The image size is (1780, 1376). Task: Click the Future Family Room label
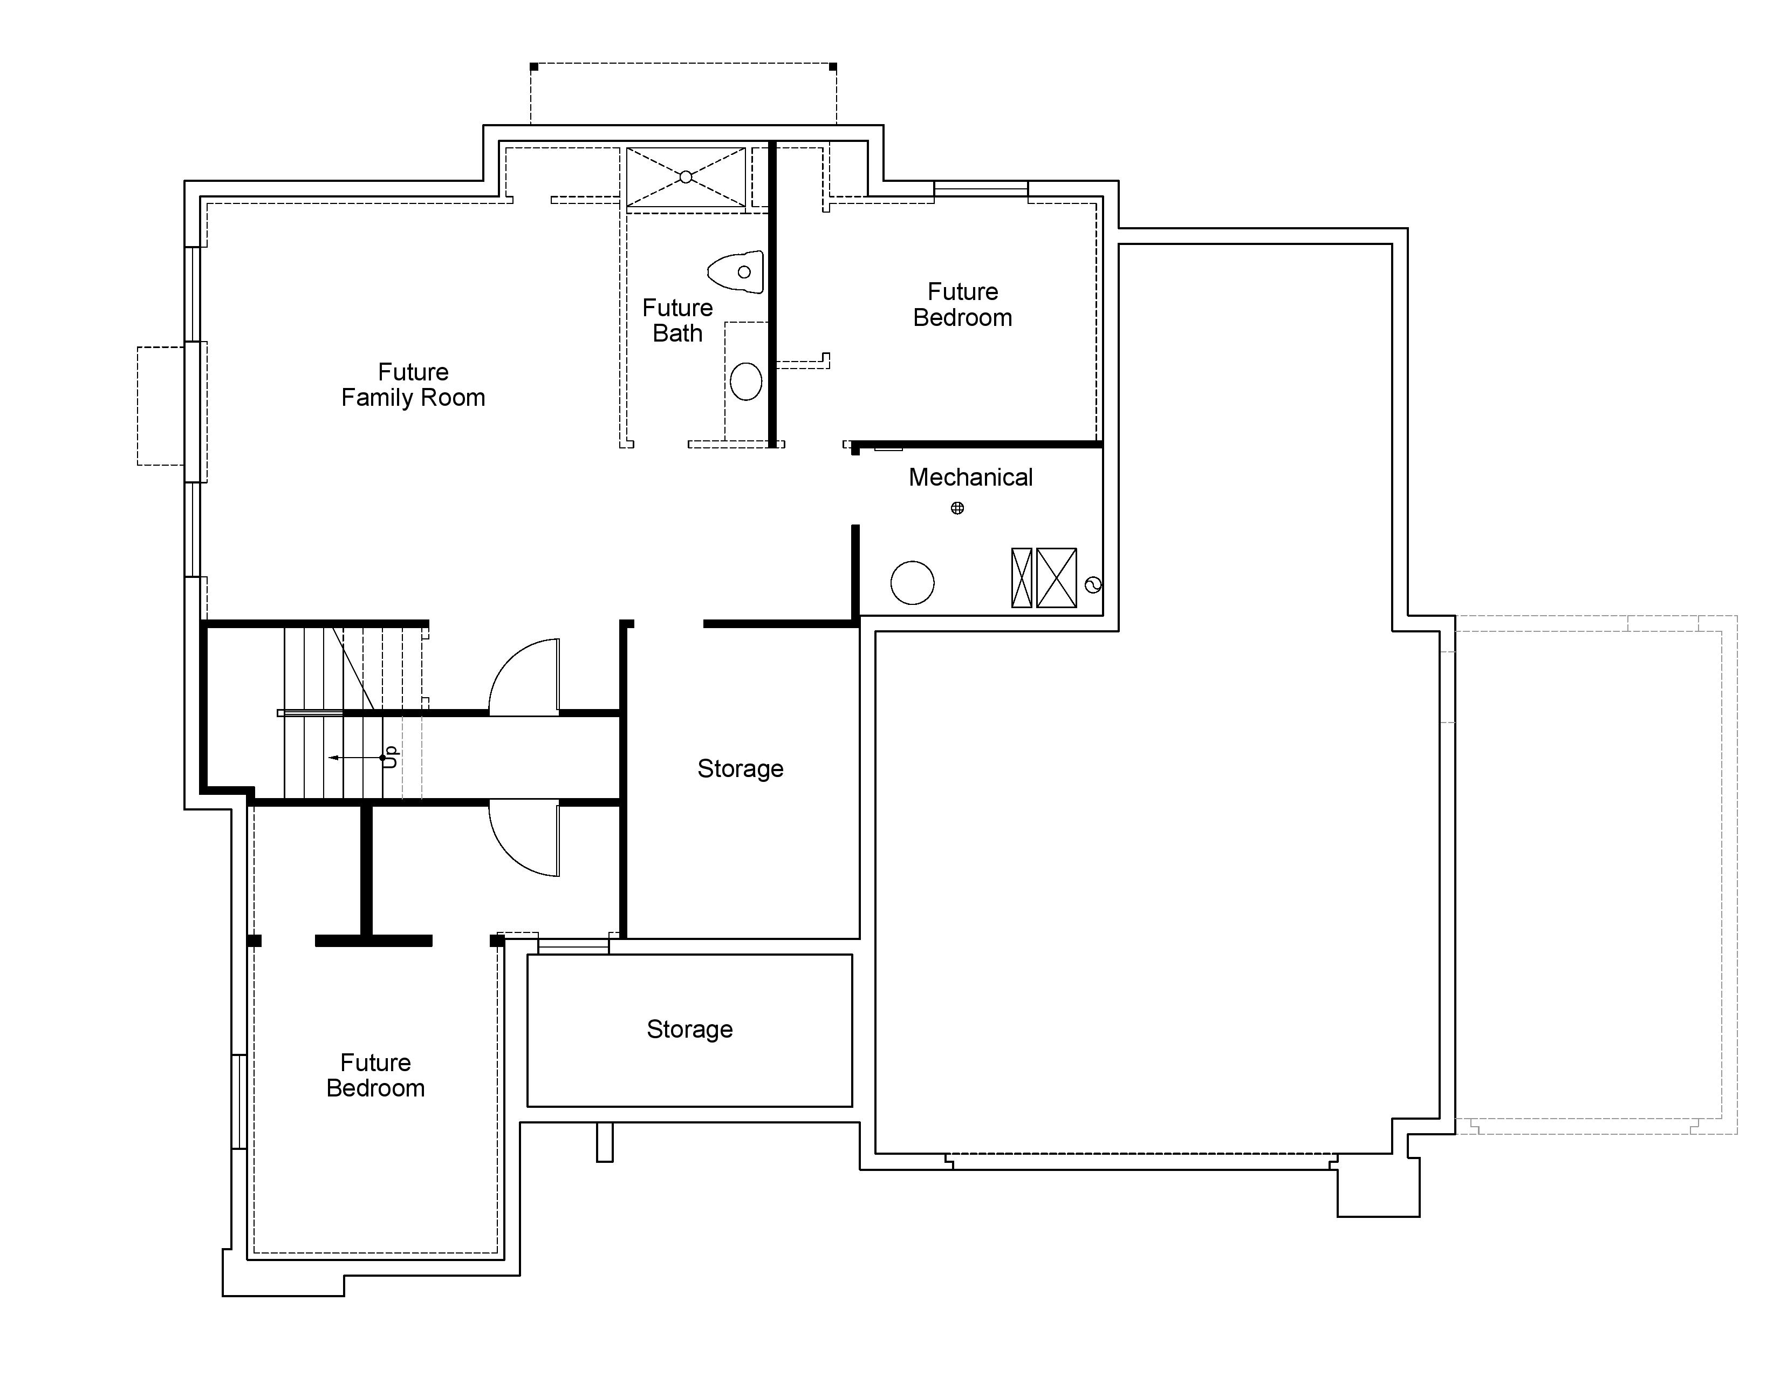click(413, 385)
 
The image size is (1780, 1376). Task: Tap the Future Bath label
click(677, 321)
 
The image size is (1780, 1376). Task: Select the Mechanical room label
click(971, 477)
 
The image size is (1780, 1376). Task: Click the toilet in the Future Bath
click(736, 271)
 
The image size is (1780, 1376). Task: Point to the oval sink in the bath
click(746, 380)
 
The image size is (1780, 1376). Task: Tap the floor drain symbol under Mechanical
click(957, 508)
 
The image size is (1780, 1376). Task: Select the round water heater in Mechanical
click(912, 583)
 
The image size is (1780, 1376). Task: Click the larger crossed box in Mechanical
click(1056, 578)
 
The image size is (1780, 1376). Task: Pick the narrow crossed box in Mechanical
click(1021, 578)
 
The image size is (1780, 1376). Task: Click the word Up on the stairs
click(391, 757)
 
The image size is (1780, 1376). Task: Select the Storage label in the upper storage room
click(740, 769)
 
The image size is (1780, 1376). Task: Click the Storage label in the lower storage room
click(689, 1030)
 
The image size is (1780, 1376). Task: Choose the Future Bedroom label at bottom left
click(376, 1075)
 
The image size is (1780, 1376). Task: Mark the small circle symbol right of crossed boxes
click(1094, 584)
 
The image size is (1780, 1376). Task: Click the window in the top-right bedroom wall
click(981, 189)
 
